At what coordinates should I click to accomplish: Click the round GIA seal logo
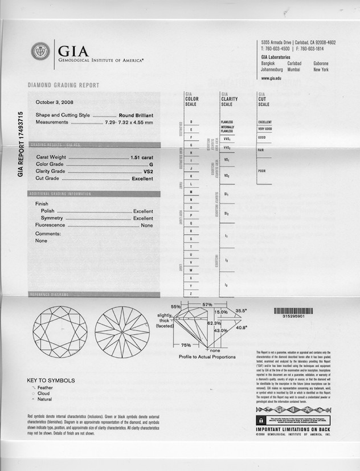(x=40, y=52)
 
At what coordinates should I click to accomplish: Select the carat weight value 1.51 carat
(x=141, y=156)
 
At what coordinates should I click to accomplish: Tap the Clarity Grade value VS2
(x=148, y=171)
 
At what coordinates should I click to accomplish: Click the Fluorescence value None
(x=147, y=226)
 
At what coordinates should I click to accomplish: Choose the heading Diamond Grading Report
(x=63, y=85)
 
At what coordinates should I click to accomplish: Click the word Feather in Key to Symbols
(x=45, y=387)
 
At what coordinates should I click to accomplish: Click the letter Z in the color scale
(x=191, y=293)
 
